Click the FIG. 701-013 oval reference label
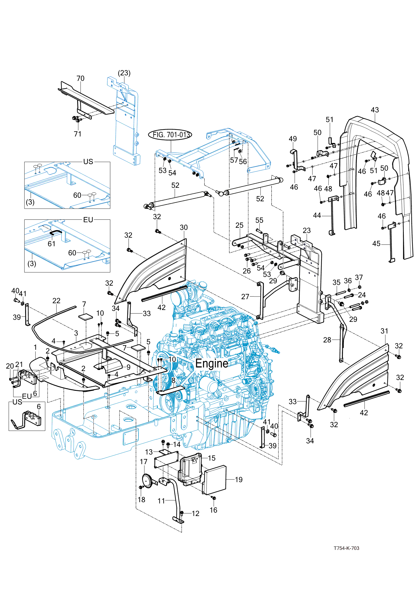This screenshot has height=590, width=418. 170,135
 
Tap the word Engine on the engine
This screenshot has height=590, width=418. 212,364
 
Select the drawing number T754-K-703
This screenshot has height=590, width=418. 346,548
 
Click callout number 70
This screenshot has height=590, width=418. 80,78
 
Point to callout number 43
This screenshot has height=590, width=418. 375,110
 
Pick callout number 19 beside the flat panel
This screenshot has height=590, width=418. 239,480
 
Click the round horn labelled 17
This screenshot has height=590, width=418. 147,480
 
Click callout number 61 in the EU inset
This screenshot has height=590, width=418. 52,244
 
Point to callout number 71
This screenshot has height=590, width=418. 78,134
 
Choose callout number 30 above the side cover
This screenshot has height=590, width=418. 184,227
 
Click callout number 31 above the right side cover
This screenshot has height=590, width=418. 384,331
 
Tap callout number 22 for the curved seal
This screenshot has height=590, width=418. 56,301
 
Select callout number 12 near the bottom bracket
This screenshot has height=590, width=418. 196,514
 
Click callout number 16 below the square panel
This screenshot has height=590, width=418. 213,510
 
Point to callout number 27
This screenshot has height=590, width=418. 245,297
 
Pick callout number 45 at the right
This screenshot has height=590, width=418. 376,244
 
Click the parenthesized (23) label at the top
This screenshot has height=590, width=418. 124,73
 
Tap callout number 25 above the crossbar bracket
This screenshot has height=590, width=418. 239,225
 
